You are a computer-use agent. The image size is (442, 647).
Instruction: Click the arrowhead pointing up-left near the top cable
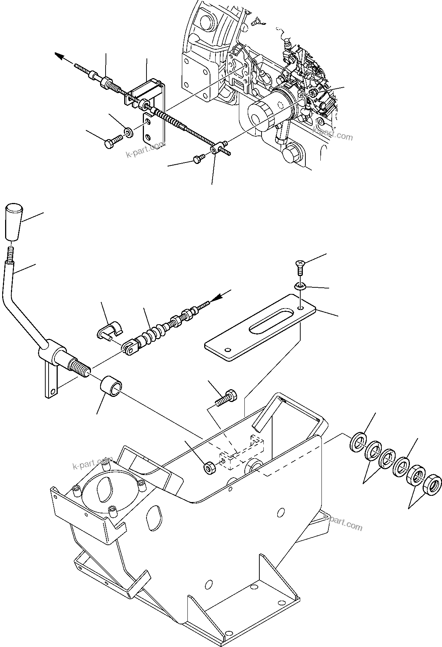[x=60, y=56]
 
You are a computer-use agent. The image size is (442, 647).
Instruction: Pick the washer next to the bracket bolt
[x=128, y=131]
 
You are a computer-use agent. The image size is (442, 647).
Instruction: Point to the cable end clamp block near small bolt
[x=219, y=148]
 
